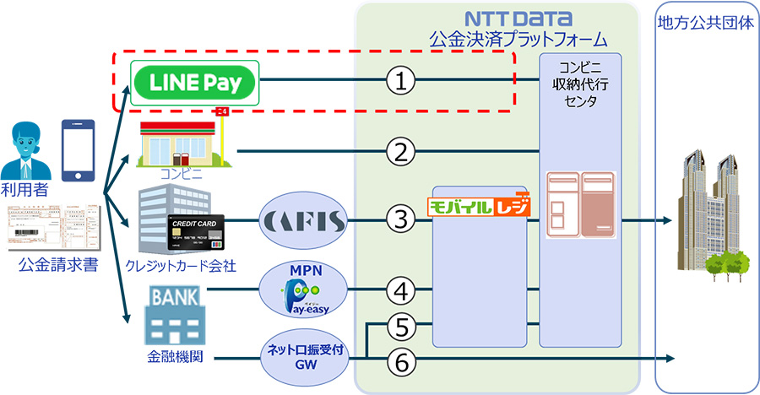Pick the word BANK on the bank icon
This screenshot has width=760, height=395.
176,297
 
